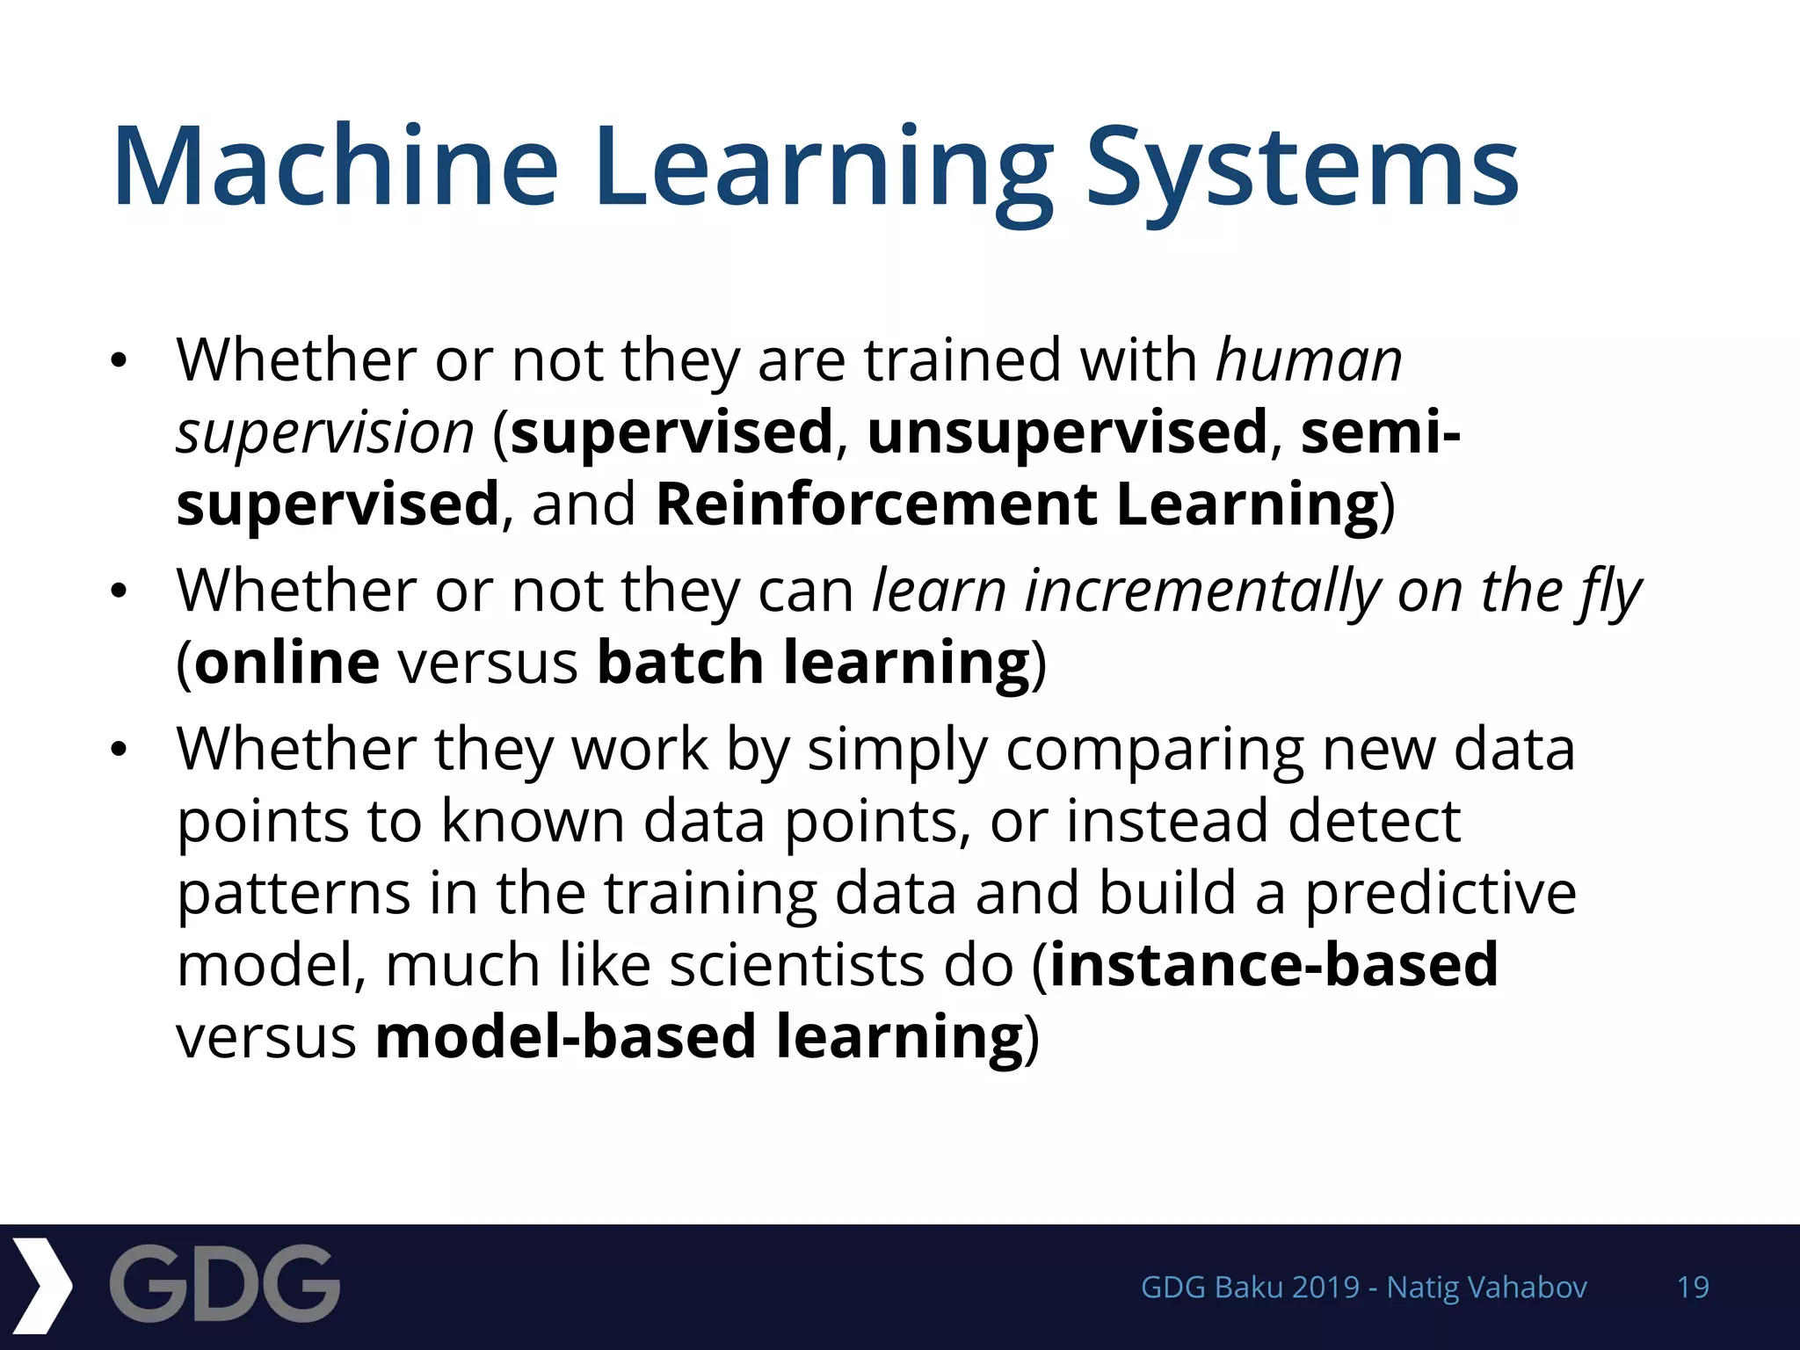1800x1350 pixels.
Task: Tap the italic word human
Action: point(1309,360)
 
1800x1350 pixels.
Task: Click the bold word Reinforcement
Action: point(875,504)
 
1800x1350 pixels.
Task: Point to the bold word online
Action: point(287,663)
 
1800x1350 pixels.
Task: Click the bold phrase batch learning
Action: point(812,663)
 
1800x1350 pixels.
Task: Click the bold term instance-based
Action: point(1274,965)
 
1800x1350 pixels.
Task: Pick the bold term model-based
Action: point(566,1037)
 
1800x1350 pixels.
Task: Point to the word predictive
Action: point(1441,893)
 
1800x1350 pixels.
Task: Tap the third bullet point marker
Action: point(120,750)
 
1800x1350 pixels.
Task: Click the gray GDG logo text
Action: point(225,1284)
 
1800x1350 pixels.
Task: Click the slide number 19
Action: point(1693,1288)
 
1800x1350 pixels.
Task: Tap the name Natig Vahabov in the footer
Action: point(1486,1288)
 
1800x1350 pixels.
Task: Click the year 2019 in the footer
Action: point(1326,1288)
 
